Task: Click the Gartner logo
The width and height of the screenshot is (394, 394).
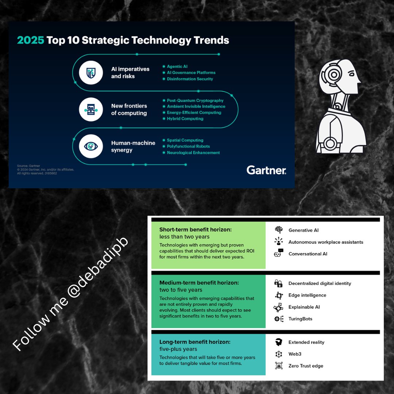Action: [266, 170]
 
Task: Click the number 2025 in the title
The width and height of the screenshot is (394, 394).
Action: [31, 40]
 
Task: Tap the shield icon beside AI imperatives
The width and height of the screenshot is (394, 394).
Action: [91, 73]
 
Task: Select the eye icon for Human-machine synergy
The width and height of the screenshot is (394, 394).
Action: [91, 146]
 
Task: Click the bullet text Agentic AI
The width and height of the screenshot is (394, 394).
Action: [177, 67]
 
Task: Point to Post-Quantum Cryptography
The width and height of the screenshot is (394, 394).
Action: [195, 100]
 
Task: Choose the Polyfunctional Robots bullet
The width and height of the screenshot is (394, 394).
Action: [188, 146]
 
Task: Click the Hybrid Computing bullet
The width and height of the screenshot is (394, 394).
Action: [185, 119]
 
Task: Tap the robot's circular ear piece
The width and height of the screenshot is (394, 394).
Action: [333, 75]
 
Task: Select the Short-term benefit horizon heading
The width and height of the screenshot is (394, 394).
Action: [196, 230]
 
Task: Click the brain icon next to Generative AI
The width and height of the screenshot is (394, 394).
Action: [279, 230]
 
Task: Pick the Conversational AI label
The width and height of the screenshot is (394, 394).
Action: [308, 254]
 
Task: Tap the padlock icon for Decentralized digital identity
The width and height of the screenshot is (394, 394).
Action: [279, 283]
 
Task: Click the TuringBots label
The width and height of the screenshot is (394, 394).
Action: [300, 319]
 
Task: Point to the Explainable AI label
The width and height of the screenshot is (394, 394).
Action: [304, 307]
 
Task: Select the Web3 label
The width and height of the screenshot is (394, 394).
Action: [295, 354]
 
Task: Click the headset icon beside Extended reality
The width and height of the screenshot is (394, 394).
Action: [279, 342]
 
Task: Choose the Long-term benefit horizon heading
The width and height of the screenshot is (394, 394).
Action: [195, 342]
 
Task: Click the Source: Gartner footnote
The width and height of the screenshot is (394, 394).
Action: [28, 166]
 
